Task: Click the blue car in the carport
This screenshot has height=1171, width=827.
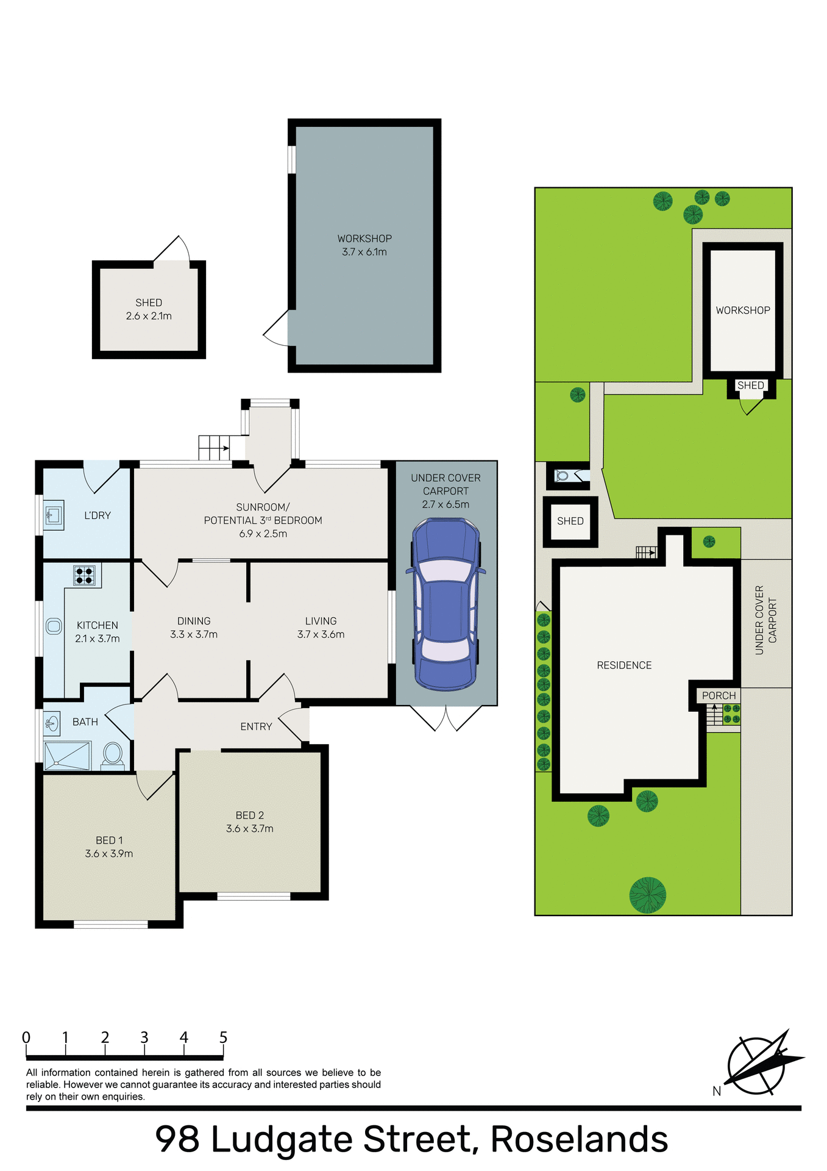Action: tap(445, 604)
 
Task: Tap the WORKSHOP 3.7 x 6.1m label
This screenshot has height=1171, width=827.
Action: tap(364, 245)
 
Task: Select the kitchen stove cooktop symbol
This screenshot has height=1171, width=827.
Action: tap(85, 575)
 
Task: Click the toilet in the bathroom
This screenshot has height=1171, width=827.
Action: tap(113, 754)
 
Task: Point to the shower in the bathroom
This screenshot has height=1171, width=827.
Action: tap(67, 756)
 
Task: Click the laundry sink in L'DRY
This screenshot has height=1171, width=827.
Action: tap(54, 516)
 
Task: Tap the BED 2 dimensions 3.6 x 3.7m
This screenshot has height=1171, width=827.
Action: tap(250, 829)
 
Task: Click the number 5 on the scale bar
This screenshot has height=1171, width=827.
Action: tap(223, 1037)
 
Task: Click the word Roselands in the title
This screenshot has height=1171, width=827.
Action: tap(579, 1139)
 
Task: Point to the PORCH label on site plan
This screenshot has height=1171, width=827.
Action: tap(719, 695)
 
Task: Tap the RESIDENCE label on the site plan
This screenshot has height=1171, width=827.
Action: tap(624, 665)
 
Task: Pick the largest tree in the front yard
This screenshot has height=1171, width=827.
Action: tap(647, 895)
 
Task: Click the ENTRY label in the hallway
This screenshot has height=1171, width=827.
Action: tap(256, 726)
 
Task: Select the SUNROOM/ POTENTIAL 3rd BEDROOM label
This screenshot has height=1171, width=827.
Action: tap(263, 520)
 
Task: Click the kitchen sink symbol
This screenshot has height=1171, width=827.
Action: tap(54, 626)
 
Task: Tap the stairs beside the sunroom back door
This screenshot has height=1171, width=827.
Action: tap(213, 448)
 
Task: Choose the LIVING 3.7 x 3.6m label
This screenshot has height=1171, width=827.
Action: tap(321, 628)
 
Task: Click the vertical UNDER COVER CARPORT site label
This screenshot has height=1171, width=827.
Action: tap(766, 620)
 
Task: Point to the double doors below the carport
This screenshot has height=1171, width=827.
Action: tap(446, 718)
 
